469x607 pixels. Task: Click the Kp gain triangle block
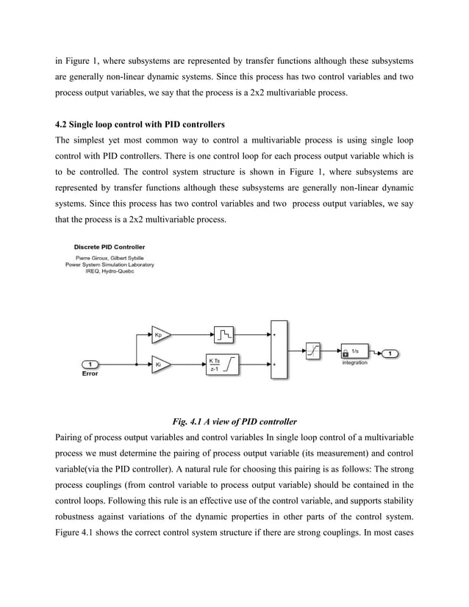(x=160, y=334)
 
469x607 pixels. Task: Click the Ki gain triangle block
(x=160, y=363)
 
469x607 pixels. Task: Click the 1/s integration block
(x=354, y=353)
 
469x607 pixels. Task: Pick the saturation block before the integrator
(x=312, y=353)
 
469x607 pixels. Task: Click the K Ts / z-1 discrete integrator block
(x=223, y=364)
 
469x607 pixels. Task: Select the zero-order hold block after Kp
(x=223, y=334)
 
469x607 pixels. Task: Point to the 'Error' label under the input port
(x=89, y=373)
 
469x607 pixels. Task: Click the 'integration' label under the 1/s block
(x=354, y=363)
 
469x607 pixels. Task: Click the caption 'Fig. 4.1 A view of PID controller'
(x=234, y=422)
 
